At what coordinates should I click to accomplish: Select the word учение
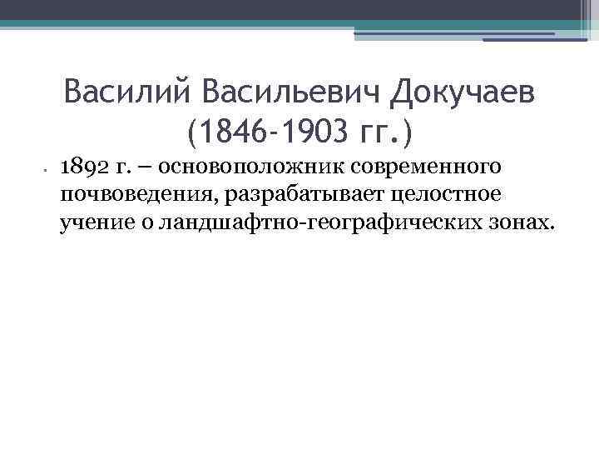point(92,223)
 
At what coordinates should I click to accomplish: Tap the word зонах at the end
point(523,223)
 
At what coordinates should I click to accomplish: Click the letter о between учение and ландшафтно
point(136,224)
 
